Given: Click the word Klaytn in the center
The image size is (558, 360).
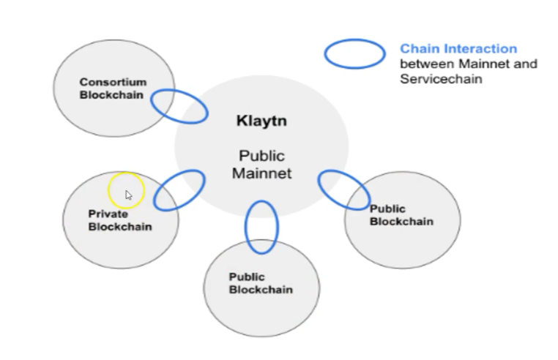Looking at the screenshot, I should (x=261, y=121).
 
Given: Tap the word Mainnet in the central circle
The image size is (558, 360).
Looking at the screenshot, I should (x=261, y=173).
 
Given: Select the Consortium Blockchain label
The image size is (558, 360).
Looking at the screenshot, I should (x=113, y=89).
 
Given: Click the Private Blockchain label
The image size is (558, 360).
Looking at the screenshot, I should (x=120, y=220).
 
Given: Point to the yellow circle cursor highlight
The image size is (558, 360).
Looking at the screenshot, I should (x=126, y=191).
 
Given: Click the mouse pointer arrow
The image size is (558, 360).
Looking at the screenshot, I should (x=129, y=195).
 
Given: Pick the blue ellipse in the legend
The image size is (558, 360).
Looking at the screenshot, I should (x=355, y=54).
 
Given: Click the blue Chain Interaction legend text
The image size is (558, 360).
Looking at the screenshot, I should (x=458, y=49).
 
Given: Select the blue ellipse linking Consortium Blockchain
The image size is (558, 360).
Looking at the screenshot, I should (x=179, y=106).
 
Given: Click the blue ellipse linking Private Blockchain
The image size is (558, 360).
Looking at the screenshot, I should (x=179, y=190).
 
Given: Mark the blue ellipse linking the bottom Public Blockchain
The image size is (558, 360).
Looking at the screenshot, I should (x=261, y=227).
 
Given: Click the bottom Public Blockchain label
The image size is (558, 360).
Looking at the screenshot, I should (x=260, y=283).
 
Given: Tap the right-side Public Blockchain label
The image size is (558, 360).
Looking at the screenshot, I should (x=401, y=215).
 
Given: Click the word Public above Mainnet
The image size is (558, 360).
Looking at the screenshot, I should (x=261, y=156).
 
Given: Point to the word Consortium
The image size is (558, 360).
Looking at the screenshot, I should (x=113, y=83).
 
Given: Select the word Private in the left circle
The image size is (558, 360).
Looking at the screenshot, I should (x=108, y=214).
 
